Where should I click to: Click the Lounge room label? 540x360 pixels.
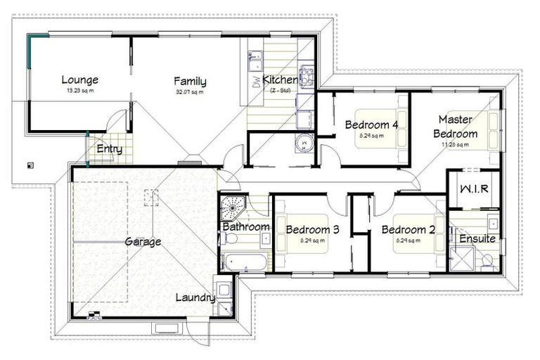click(79, 79)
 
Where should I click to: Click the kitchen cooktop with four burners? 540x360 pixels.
click(306, 74)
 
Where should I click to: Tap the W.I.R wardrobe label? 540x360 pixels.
click(475, 190)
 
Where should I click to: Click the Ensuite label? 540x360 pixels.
click(478, 238)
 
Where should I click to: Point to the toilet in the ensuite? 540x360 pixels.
click(487, 262)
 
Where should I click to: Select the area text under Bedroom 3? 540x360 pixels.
click(313, 240)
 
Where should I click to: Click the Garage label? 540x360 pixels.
click(143, 241)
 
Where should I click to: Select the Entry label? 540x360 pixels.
click(109, 148)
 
